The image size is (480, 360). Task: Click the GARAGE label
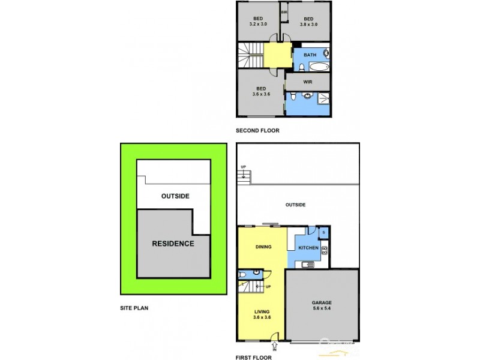[x=322, y=303]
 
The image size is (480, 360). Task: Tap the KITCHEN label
[x=308, y=248]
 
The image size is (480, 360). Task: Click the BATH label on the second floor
[x=310, y=55]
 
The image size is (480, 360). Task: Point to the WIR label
[x=307, y=82]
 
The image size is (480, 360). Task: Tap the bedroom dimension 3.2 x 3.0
[x=258, y=24]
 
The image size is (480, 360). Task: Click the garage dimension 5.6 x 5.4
[x=322, y=310]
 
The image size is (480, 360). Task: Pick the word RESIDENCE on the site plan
[x=173, y=244]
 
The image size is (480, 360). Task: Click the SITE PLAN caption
[x=133, y=308]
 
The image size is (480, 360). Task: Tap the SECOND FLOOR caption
[x=257, y=131]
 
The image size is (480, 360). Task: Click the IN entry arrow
[x=275, y=346]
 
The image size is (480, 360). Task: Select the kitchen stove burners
[x=325, y=250]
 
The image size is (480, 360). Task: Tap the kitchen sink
[x=308, y=265]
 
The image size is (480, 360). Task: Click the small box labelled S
[x=323, y=232]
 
